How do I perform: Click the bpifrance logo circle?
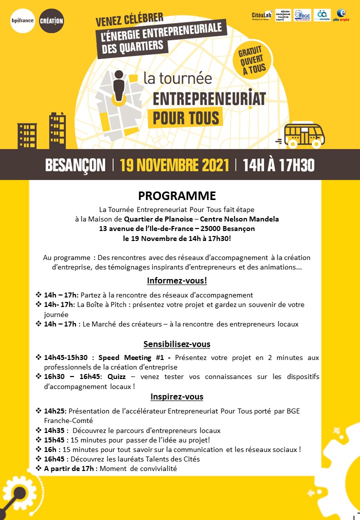22,20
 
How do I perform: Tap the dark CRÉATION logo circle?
51,20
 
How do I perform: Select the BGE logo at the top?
302,15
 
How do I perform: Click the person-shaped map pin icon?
118,85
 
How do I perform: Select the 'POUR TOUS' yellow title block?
183,117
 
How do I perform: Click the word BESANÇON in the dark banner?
75,165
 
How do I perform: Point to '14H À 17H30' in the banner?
278,165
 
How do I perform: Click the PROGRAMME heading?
177,195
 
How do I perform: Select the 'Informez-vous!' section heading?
177,280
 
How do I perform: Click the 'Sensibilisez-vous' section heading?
177,344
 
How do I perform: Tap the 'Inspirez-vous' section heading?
177,396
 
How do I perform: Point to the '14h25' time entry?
55,411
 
